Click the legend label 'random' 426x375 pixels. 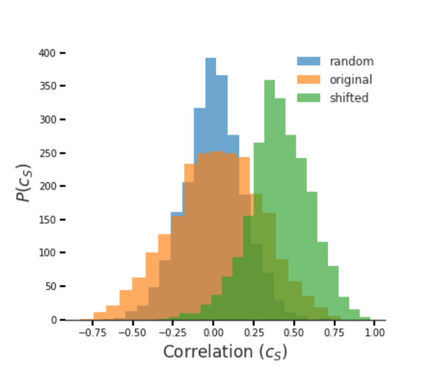(351, 61)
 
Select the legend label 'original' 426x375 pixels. (351, 80)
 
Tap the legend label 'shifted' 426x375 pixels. (349, 98)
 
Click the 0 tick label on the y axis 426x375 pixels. (53, 320)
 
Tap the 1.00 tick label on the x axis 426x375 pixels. (375, 333)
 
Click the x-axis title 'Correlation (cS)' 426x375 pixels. (225, 352)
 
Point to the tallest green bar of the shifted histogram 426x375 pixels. (269, 158)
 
